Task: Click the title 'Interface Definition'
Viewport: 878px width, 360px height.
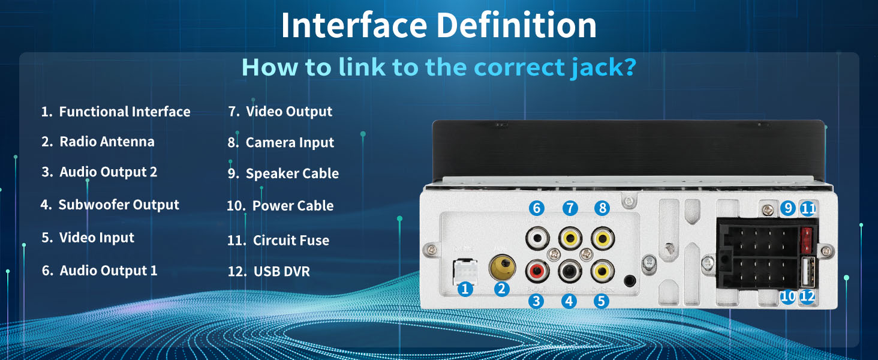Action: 438,25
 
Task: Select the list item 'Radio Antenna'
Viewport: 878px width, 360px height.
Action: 98,142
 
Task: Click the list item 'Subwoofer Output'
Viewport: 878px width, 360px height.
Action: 110,205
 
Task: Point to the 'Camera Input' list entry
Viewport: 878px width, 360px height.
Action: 281,143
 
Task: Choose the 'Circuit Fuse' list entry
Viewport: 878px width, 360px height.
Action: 279,241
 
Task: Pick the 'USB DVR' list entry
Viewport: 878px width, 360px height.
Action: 269,271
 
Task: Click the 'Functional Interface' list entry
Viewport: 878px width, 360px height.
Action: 116,112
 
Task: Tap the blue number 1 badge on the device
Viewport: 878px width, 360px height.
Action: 464,289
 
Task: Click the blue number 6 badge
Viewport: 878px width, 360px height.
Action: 536,208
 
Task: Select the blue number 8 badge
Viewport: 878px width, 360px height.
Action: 602,208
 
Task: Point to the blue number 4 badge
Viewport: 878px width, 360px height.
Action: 569,301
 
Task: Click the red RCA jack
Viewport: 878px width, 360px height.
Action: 537,272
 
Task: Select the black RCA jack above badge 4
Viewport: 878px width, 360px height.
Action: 569,272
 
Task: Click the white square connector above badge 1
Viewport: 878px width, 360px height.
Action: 465,271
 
